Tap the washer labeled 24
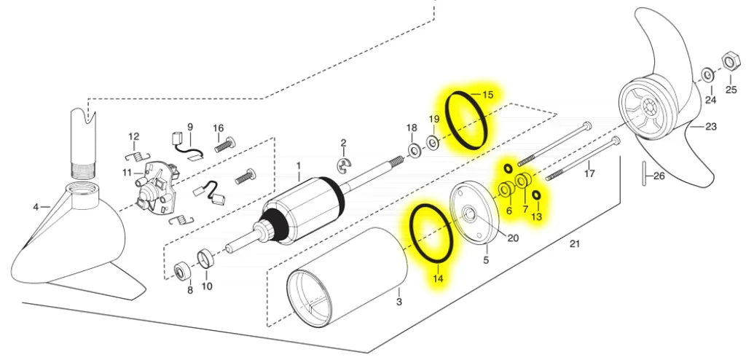708,75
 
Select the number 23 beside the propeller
711,127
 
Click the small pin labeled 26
645,176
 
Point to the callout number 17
589,173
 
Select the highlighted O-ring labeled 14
431,233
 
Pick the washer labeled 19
433,142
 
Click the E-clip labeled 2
344,165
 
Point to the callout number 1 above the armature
299,166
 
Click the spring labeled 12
138,155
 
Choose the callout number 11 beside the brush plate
126,173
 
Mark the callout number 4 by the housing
36,207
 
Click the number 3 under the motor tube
399,302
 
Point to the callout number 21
575,244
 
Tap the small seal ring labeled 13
537,195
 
